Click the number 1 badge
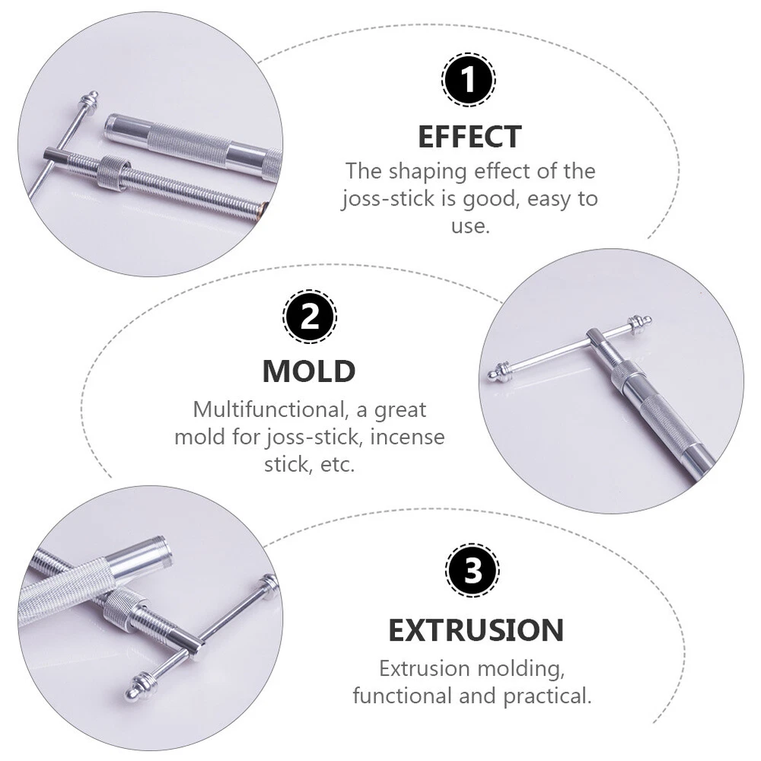pyautogui.click(x=468, y=79)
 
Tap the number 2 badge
pyautogui.click(x=310, y=317)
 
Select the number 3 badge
pyautogui.click(x=473, y=570)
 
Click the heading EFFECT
pyautogui.click(x=470, y=137)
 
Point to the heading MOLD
pyautogui.click(x=309, y=372)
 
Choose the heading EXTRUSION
pyautogui.click(x=476, y=630)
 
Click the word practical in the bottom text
pyautogui.click(x=547, y=696)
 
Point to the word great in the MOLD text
pyautogui.click(x=400, y=411)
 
